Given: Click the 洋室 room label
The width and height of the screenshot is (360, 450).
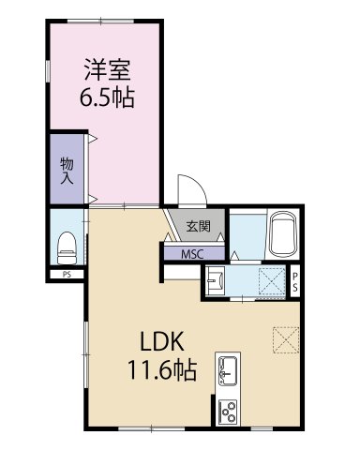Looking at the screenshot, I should point(104,70).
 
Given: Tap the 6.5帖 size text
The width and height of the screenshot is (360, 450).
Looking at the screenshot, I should point(104,97).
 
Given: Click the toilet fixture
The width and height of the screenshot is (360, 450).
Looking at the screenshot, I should point(66,246).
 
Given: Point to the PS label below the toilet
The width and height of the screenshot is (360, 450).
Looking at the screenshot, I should point(67,275).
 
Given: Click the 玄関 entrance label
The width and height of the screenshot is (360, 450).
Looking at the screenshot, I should point(197,226).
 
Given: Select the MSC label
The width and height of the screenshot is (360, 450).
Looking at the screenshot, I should point(194,252).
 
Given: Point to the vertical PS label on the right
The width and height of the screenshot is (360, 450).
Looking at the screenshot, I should point(294,282).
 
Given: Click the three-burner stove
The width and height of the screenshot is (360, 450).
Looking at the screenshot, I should point(228,410).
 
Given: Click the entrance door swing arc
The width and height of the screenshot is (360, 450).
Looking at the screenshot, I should point(188,187).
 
